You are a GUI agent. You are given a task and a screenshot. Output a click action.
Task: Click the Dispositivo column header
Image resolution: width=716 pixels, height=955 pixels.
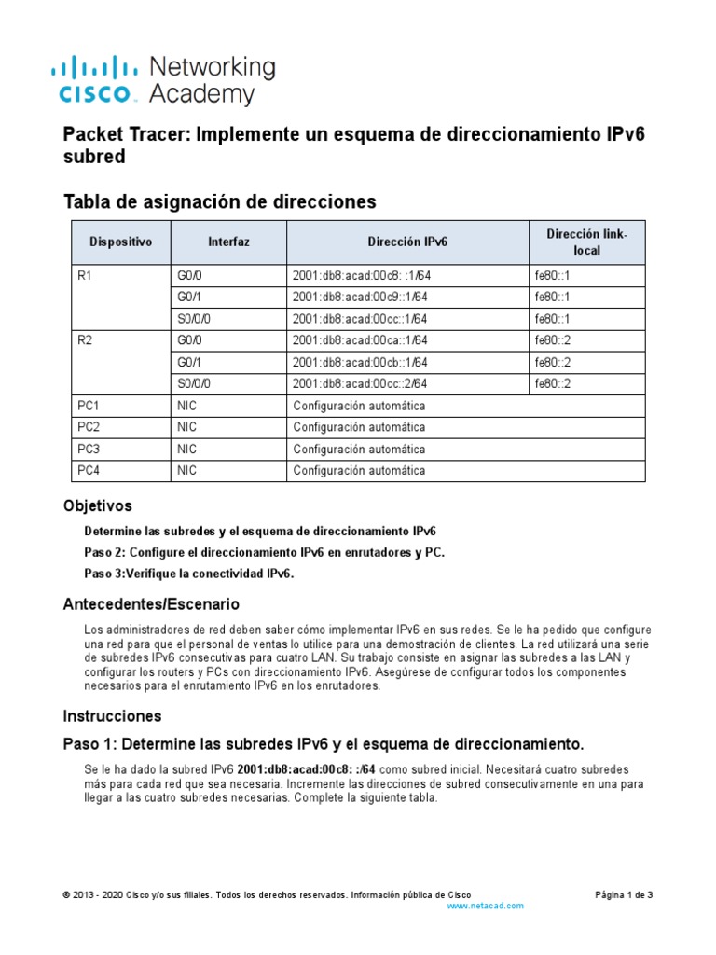(x=120, y=242)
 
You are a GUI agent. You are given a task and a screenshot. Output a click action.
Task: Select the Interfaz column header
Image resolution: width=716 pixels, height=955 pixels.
(x=228, y=242)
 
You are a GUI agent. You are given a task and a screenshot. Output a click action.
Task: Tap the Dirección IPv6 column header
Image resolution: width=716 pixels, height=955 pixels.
(x=407, y=242)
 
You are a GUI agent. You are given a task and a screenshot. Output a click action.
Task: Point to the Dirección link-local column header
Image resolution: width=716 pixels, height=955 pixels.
(x=586, y=242)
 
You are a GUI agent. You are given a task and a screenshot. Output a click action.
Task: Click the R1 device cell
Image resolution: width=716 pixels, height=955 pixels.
(x=87, y=275)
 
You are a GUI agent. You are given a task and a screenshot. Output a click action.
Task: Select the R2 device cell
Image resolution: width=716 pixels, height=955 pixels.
(x=87, y=340)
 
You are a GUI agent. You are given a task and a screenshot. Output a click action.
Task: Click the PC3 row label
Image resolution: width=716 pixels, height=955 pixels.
(x=89, y=449)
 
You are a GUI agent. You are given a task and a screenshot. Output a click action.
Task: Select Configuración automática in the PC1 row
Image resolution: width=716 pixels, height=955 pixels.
(x=359, y=406)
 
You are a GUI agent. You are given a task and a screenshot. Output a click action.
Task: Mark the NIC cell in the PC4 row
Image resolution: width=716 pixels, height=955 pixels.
(x=186, y=471)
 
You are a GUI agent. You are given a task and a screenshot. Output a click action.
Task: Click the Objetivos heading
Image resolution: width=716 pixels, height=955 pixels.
(x=97, y=505)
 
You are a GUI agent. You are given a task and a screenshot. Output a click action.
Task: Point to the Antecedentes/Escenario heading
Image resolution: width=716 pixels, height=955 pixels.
(x=151, y=604)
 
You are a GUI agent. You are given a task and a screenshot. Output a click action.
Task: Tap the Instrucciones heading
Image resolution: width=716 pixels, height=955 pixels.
(x=112, y=716)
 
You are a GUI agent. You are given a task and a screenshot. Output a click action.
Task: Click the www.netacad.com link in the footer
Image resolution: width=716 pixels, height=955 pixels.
(x=486, y=906)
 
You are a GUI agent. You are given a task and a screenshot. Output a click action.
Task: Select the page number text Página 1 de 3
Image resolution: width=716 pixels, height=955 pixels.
(x=624, y=894)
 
